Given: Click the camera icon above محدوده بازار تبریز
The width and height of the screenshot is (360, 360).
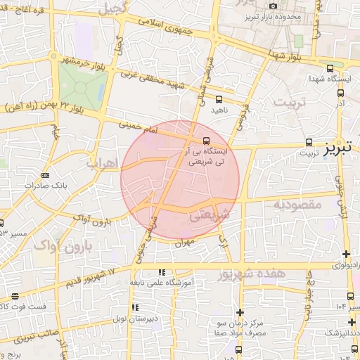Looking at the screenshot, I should click(273, 6).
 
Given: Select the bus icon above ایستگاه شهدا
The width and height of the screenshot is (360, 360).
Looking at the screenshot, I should click(330, 68).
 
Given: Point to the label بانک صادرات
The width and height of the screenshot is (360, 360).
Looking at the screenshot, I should click(44, 186).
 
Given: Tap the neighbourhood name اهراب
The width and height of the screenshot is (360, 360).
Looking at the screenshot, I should click(101, 162).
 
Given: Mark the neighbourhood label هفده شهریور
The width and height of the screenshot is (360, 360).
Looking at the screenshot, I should click(251, 274).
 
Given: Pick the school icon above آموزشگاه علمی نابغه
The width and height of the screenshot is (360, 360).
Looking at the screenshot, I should click(162, 271).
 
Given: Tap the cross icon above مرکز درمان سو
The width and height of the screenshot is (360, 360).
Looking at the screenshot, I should click(240, 312).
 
